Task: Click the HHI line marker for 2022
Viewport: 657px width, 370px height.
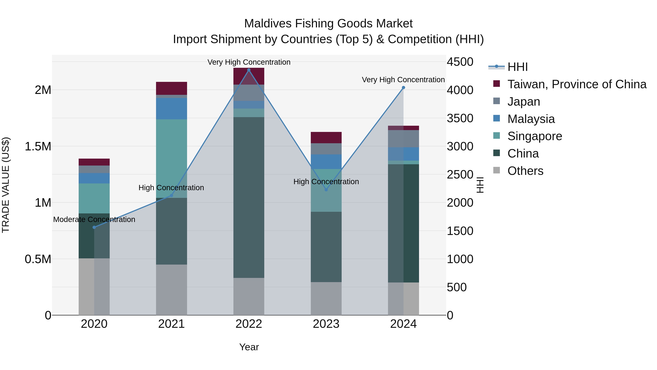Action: (249, 70)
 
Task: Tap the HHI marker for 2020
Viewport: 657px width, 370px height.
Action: (94, 227)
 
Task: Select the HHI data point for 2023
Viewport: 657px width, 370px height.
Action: (326, 190)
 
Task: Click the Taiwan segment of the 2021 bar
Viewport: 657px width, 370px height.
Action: (171, 88)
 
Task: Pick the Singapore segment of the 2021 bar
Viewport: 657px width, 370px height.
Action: (171, 158)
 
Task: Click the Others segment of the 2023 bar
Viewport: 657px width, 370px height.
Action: (326, 299)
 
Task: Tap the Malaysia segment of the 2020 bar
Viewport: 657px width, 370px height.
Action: (94, 178)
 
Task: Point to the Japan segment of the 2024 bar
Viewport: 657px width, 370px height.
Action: (403, 139)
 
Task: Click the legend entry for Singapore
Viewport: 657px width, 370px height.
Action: (534, 136)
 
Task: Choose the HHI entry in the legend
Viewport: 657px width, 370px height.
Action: (517, 67)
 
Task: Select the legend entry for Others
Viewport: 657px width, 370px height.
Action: (525, 171)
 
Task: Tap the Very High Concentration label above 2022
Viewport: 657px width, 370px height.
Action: (249, 62)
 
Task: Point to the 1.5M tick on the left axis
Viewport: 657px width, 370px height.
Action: (38, 147)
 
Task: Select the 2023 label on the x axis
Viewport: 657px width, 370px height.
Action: (326, 324)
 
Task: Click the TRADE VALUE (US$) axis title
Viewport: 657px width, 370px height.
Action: (6, 185)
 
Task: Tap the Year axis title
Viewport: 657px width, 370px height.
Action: (249, 347)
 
